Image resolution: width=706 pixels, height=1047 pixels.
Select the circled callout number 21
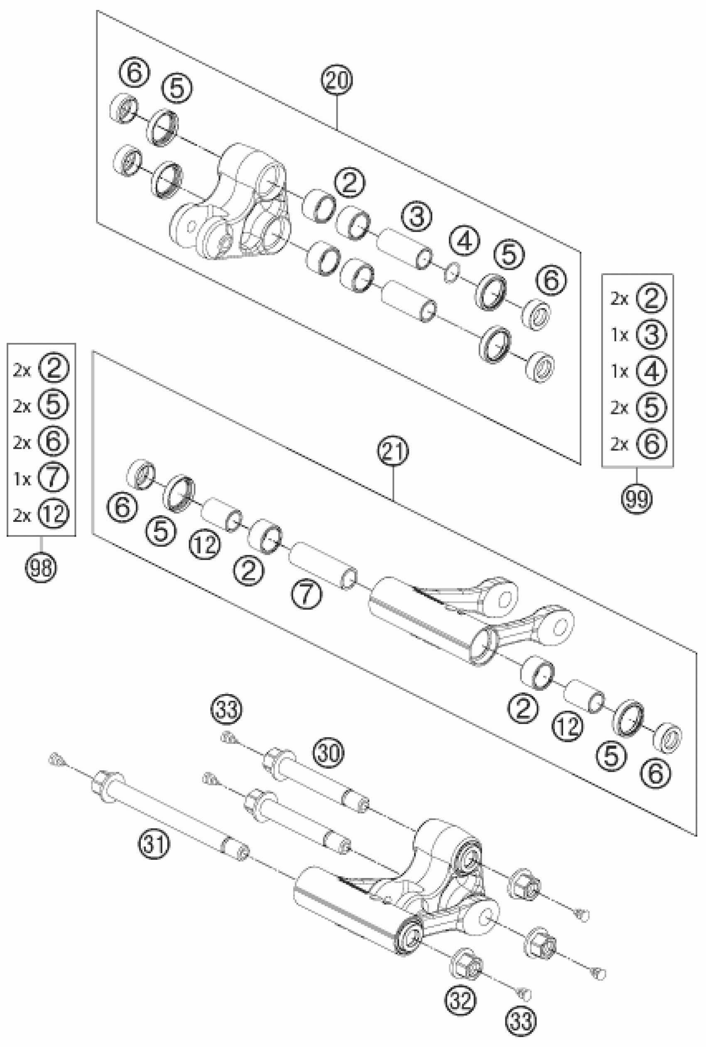coord(393,452)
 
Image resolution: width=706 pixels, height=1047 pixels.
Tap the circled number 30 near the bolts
coord(328,752)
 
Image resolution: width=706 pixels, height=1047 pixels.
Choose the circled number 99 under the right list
coord(637,499)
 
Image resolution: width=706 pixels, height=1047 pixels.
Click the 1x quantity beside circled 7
coord(22,479)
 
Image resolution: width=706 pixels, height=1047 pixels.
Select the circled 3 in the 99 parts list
coord(652,335)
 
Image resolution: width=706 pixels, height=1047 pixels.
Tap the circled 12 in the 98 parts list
coord(53,514)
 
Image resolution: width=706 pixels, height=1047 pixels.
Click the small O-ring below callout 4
coord(451,274)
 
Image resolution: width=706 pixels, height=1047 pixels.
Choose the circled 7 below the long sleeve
coord(306,594)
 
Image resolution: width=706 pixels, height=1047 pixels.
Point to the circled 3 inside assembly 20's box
coord(417,216)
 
